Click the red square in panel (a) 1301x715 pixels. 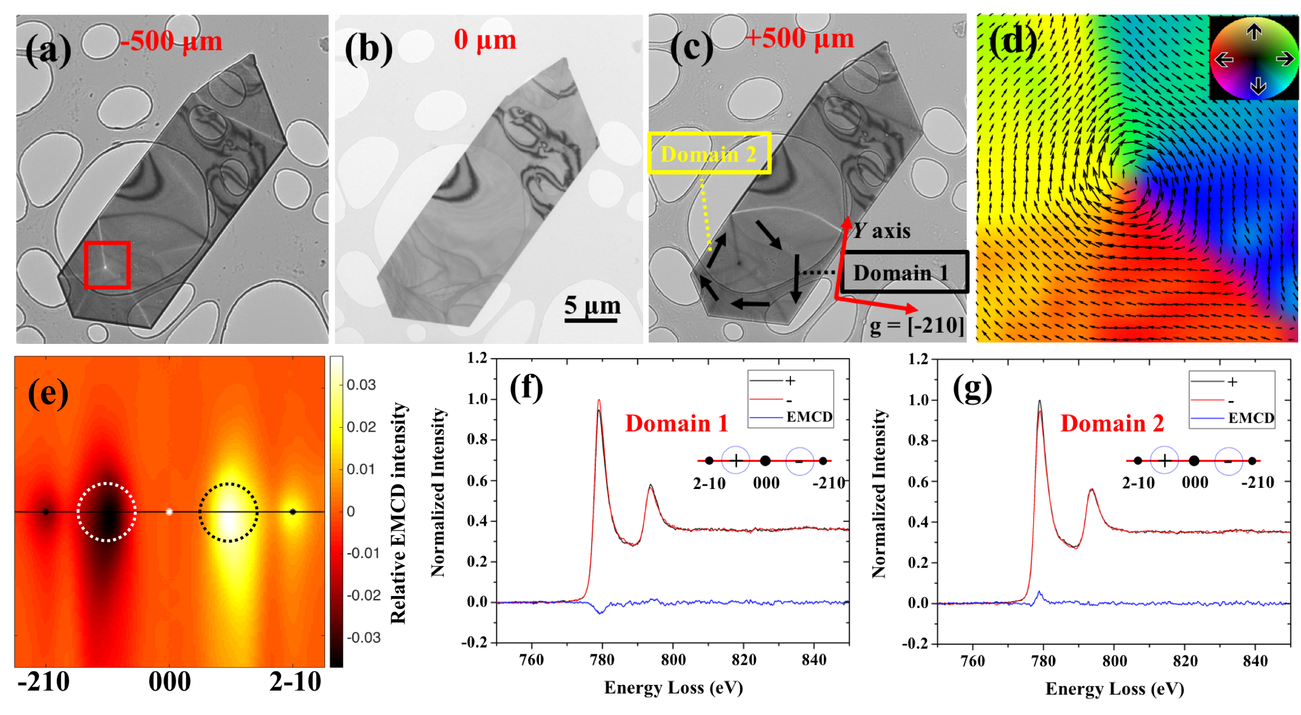[x=108, y=265]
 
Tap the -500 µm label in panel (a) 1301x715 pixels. [x=171, y=41]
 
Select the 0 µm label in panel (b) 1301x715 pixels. [x=485, y=40]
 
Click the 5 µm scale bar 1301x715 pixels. [x=590, y=320]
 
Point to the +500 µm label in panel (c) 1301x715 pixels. [x=800, y=39]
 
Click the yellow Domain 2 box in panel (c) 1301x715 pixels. [x=709, y=153]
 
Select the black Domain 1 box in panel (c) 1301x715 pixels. [x=904, y=273]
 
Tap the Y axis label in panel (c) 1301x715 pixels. [x=882, y=231]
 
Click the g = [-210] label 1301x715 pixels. [x=917, y=326]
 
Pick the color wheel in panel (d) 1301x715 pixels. [x=1254, y=58]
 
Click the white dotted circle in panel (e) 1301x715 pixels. [x=107, y=512]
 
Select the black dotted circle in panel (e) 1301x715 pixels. [x=228, y=512]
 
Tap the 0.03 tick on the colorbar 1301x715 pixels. [x=361, y=385]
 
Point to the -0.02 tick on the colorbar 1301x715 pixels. [x=363, y=595]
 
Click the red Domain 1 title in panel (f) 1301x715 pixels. [x=677, y=424]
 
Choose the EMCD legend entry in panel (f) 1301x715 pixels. [x=809, y=417]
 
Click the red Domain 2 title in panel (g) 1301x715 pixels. [x=1112, y=424]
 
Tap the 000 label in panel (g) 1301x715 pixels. [x=1195, y=483]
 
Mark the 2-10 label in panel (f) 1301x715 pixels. [x=709, y=483]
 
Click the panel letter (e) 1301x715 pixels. [x=48, y=393]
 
